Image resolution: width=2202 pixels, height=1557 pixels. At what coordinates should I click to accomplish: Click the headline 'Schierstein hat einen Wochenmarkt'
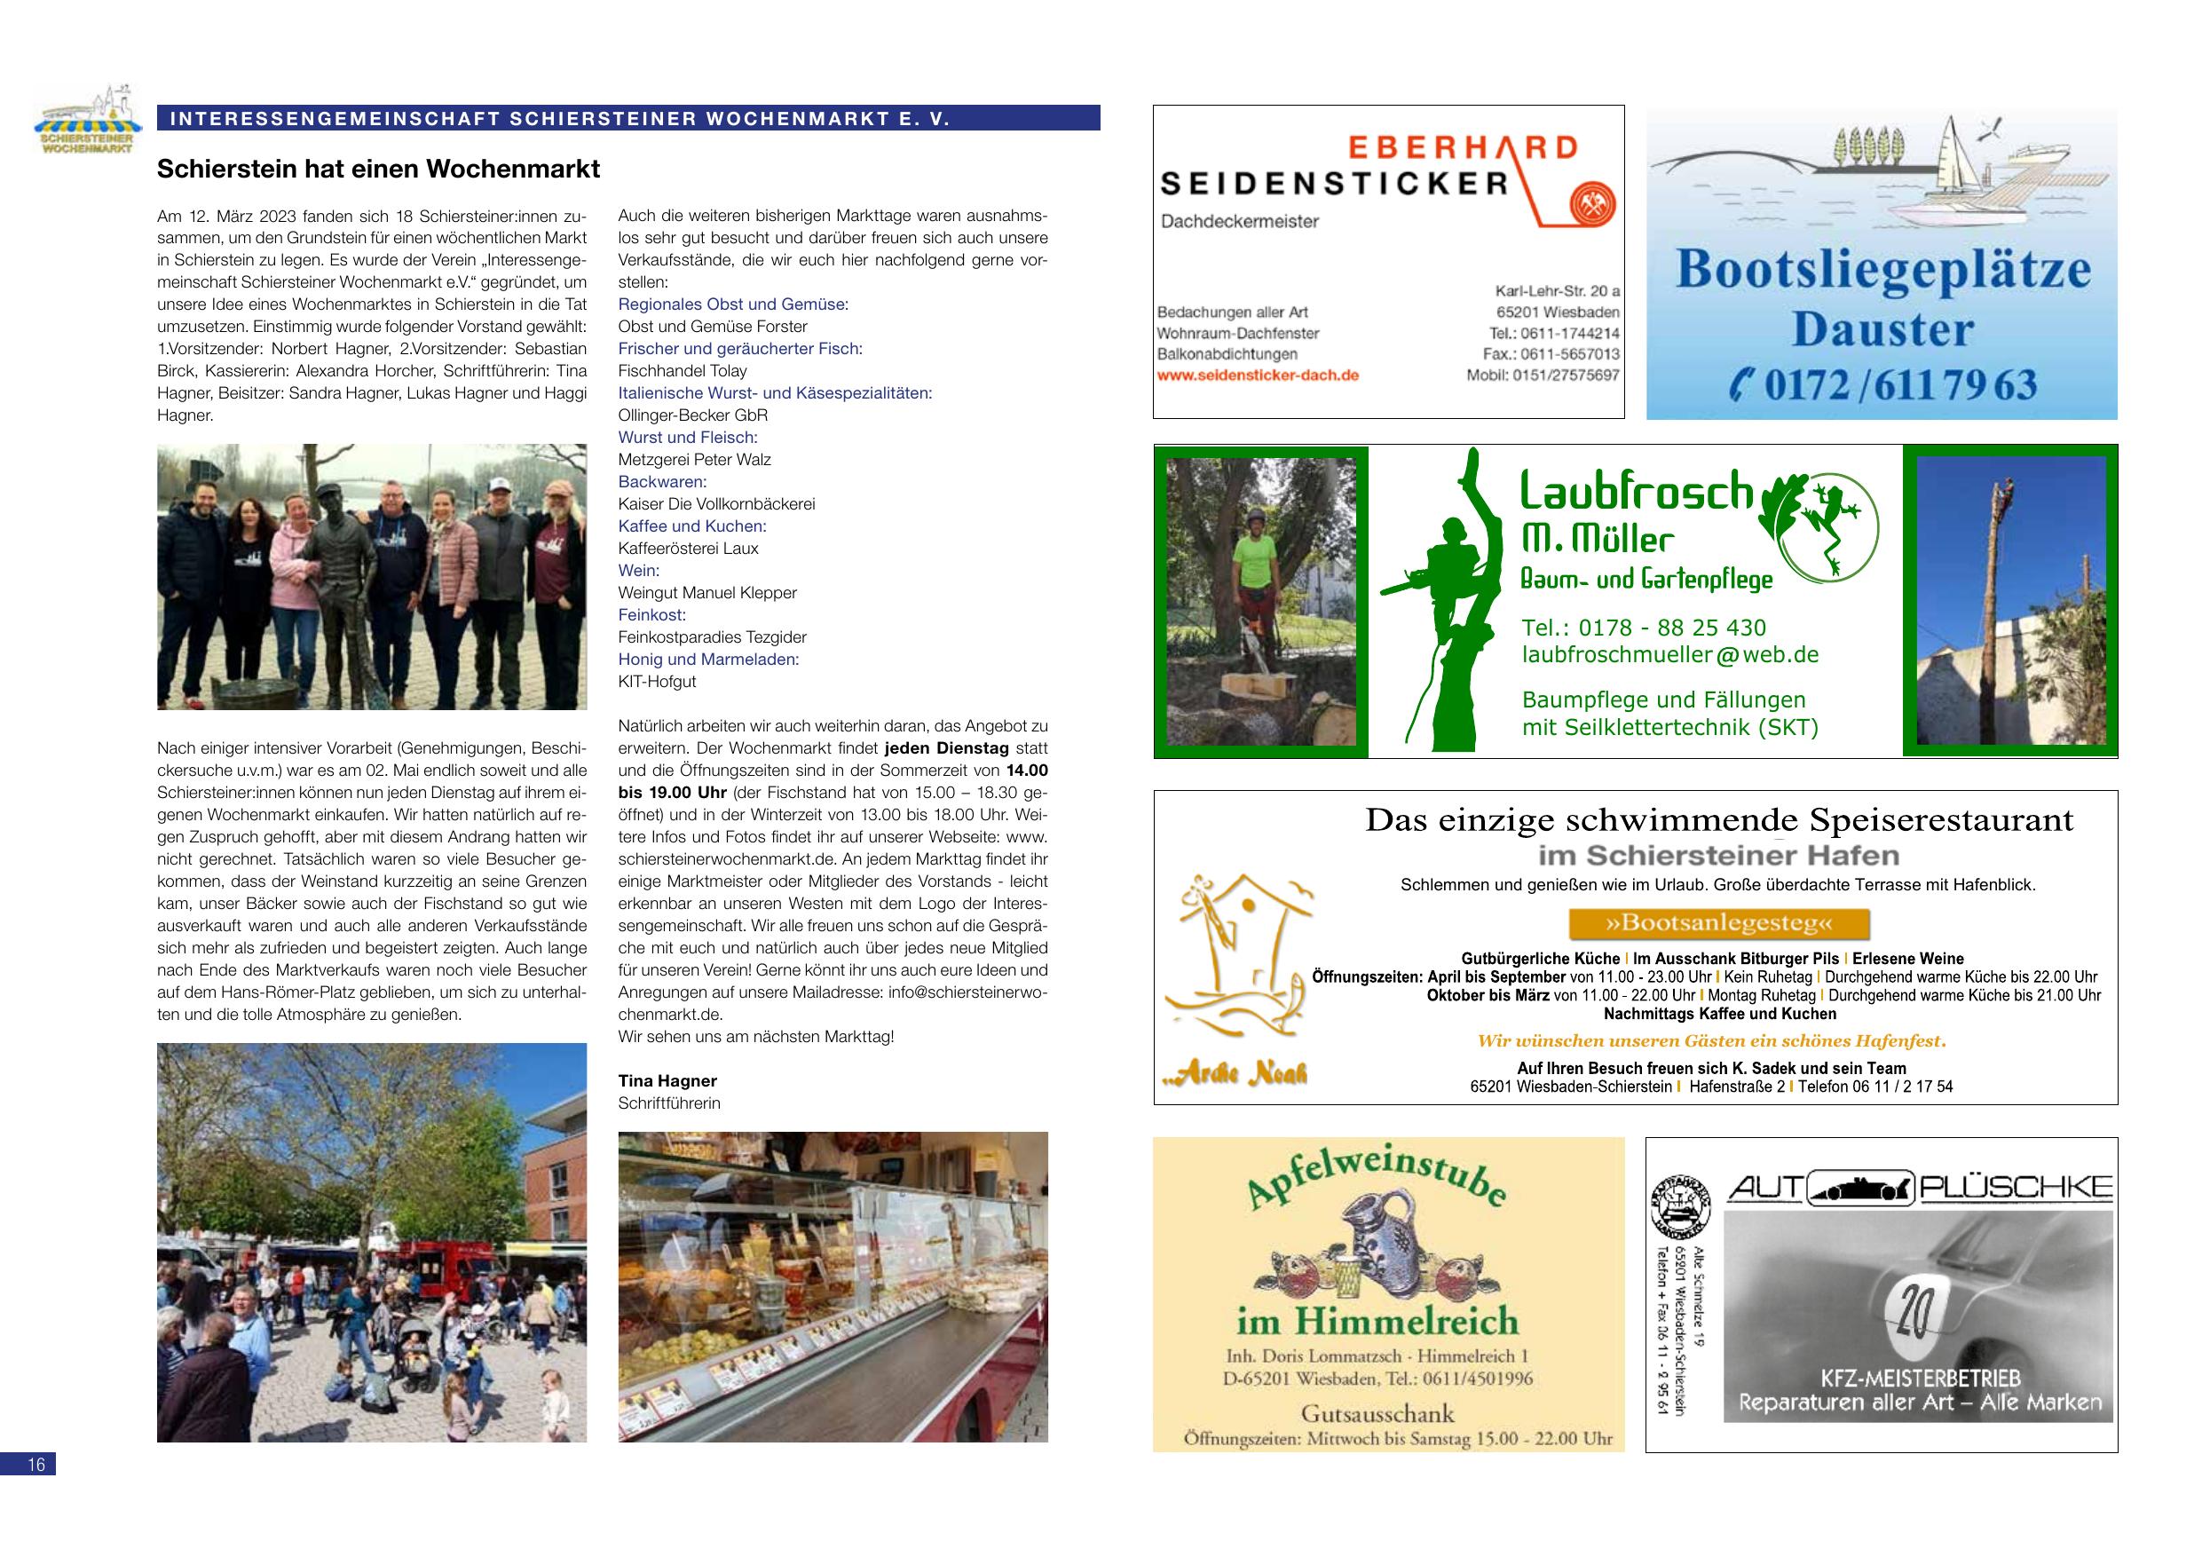pos(378,170)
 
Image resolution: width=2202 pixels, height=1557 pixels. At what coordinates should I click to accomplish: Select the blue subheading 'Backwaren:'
pos(662,482)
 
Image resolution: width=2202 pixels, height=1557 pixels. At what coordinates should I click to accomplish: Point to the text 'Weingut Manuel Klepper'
pos(706,593)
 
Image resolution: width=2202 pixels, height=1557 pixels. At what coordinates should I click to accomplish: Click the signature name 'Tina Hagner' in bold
pos(667,1081)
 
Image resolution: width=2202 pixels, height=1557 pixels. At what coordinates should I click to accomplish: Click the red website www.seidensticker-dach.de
pos(1258,376)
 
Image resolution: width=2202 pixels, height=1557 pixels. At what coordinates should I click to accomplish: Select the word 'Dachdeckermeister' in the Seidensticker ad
pos(1227,222)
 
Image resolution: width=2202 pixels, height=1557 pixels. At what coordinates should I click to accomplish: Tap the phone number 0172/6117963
pos(1884,385)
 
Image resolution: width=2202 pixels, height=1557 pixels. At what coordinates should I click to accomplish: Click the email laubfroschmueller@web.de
pos(1669,655)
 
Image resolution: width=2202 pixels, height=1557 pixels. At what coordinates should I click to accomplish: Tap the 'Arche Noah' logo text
pos(1235,1073)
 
